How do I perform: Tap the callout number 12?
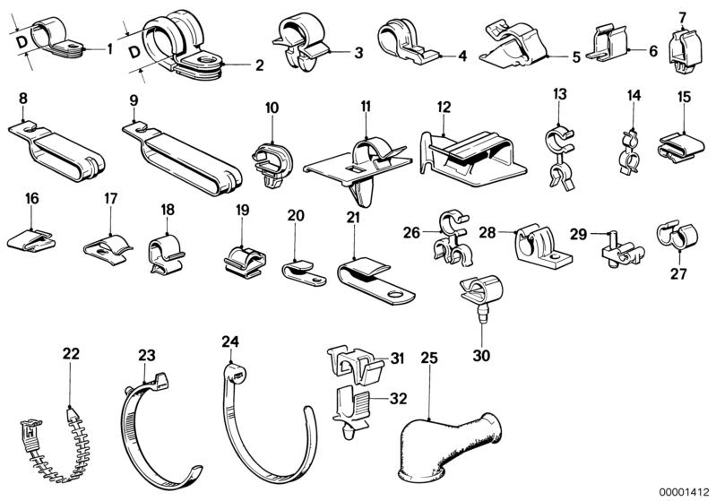pyautogui.click(x=444, y=107)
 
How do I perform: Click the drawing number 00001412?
pyautogui.click(x=686, y=491)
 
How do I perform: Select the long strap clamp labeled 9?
pyautogui.click(x=184, y=152)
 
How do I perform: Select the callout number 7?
pyautogui.click(x=682, y=17)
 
